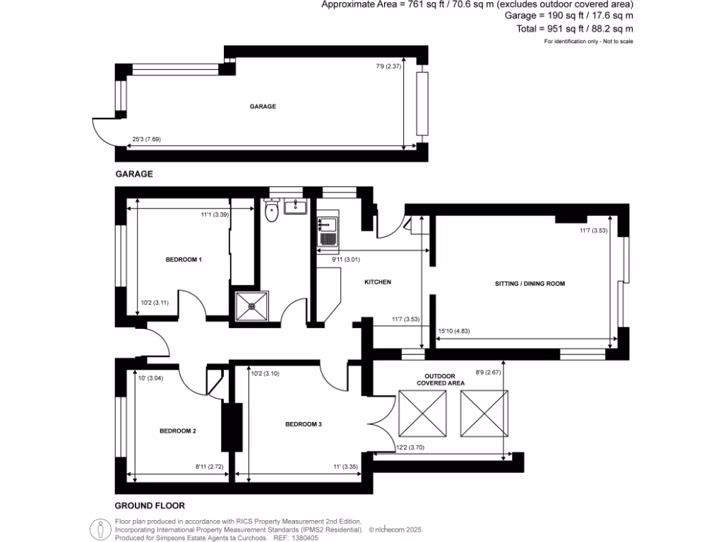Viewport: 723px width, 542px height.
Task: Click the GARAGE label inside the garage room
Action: click(263, 107)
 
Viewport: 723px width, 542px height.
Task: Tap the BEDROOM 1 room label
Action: click(184, 260)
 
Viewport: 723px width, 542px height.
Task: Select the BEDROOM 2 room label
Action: click(177, 430)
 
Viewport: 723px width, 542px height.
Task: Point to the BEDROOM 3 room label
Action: click(304, 424)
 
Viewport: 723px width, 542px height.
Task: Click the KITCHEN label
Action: click(377, 282)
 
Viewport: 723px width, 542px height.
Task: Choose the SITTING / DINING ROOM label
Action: click(530, 283)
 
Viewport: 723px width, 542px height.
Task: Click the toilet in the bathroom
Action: click(270, 211)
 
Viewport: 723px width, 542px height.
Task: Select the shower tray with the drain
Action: click(252, 306)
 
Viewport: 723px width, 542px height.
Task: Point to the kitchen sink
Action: click(328, 232)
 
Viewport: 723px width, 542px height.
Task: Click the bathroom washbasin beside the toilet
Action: click(294, 207)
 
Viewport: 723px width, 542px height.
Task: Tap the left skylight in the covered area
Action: click(424, 413)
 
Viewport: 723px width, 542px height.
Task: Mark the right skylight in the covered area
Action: click(484, 413)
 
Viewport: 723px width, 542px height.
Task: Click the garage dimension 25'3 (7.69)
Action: click(145, 139)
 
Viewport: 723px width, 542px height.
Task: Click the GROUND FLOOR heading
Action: click(150, 505)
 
